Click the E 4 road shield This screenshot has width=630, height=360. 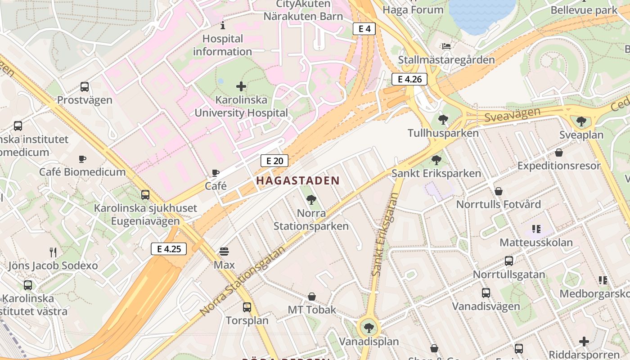364,29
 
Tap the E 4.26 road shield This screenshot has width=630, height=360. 409,80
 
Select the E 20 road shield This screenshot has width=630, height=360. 274,161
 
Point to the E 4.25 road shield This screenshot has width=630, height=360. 168,248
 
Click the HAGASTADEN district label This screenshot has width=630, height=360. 298,181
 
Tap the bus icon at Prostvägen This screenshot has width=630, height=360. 84,87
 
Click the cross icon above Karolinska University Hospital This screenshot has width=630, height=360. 241,86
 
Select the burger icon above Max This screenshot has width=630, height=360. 224,252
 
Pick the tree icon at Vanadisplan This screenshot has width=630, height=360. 369,328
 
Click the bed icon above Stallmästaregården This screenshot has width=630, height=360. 446,46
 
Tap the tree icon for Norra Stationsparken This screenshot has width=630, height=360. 310,200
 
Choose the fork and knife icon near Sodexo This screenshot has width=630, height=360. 53,252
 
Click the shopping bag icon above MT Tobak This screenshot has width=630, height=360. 311,297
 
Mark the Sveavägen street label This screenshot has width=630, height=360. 513,115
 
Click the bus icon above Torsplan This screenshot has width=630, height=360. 247,307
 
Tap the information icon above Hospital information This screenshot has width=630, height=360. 222,25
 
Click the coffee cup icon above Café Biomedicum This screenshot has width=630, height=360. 82,158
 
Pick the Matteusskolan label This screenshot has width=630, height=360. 536,243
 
